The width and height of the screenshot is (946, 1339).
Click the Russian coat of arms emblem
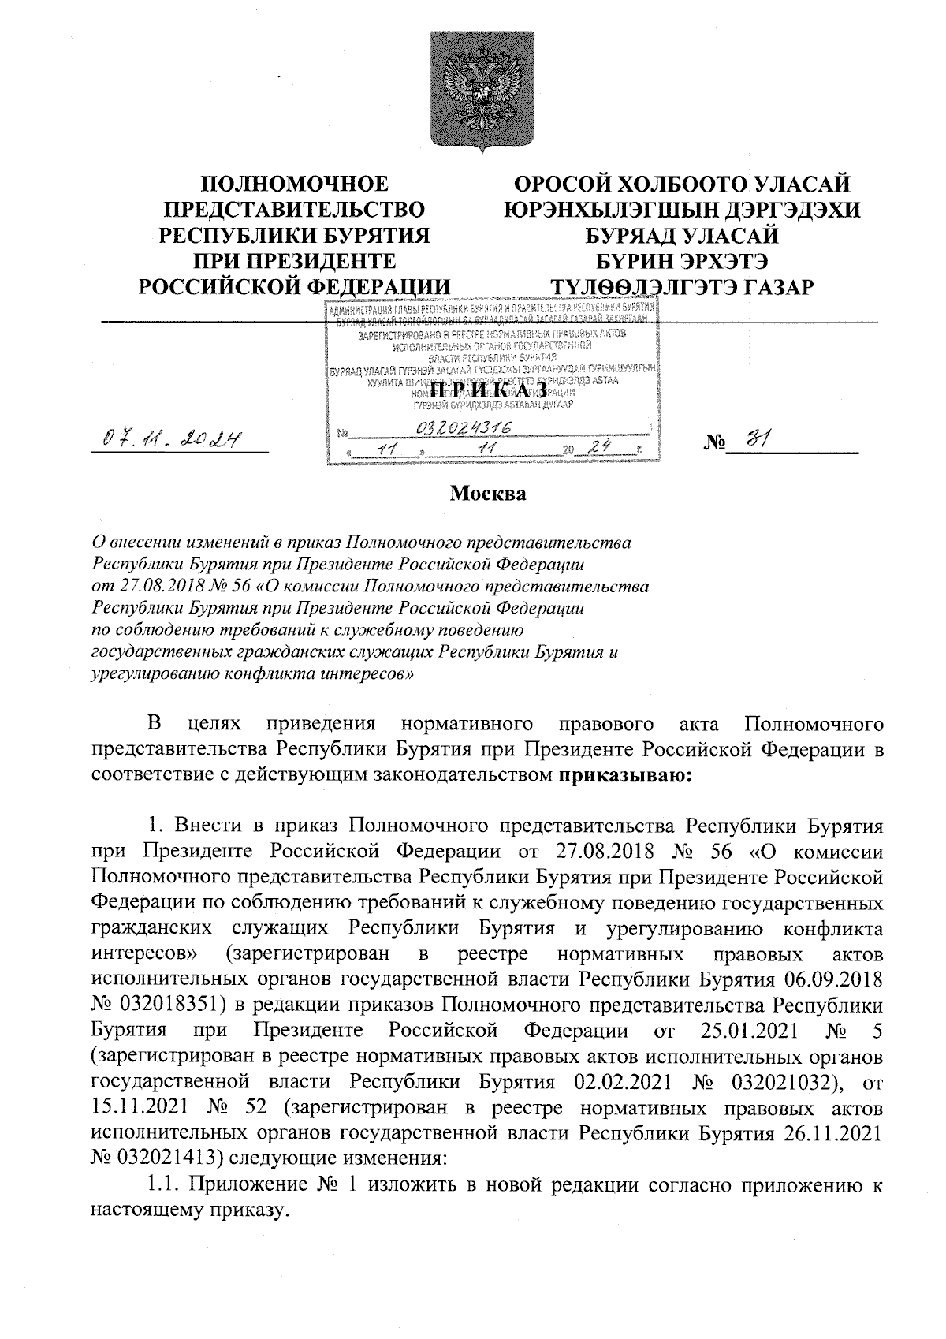pos(473,87)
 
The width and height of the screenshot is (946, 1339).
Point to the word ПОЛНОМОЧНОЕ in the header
pos(295,184)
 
